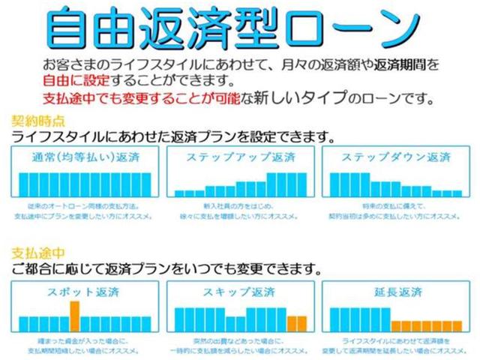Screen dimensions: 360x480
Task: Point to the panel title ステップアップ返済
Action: click(239, 158)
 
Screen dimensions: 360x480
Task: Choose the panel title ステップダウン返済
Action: click(395, 158)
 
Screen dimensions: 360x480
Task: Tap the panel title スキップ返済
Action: click(239, 290)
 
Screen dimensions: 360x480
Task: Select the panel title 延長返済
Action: click(395, 290)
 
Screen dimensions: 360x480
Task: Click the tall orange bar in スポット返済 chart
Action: click(75, 315)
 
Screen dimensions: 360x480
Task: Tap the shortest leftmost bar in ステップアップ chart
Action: click(180, 193)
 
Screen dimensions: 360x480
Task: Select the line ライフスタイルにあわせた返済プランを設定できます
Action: click(173, 136)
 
